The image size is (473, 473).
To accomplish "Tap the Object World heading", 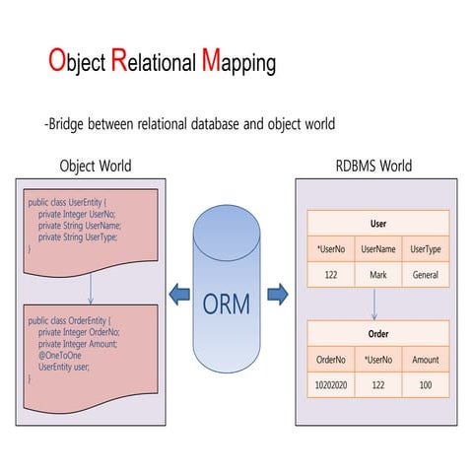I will (x=96, y=166).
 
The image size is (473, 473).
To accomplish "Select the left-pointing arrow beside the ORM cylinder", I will (x=178, y=293).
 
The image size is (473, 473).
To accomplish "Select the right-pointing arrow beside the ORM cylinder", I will (x=278, y=293).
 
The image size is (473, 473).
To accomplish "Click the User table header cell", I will (x=377, y=224).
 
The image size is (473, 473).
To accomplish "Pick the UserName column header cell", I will (x=377, y=249).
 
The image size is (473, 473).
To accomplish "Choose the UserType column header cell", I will (x=426, y=249).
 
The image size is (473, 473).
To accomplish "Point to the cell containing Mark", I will (x=377, y=276).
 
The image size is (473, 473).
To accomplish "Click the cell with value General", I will (x=426, y=276).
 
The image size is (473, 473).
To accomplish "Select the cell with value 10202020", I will (x=330, y=385).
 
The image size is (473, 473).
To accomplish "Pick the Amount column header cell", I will (x=426, y=359).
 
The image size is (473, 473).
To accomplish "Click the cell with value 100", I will (x=426, y=385).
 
